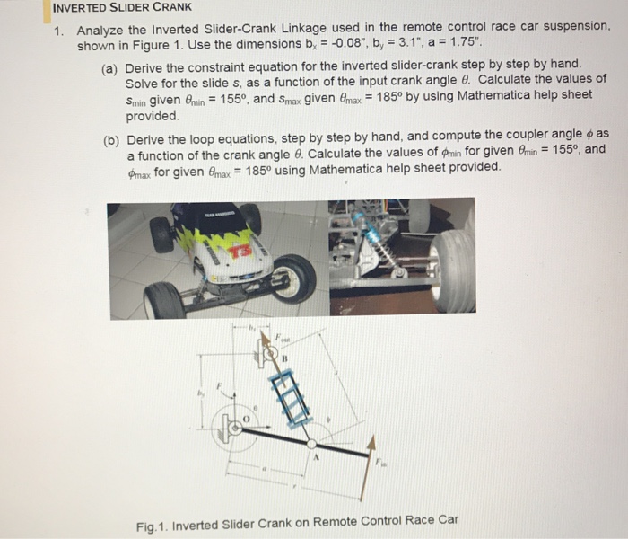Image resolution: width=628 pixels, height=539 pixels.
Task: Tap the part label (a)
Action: click(x=112, y=67)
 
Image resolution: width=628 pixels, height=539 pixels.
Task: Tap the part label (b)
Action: click(x=112, y=140)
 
